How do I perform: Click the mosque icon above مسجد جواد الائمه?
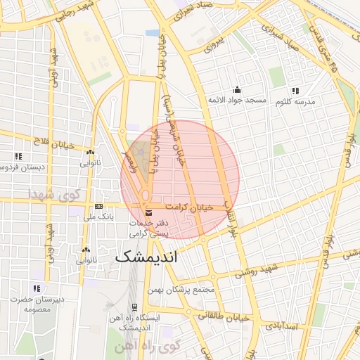click(237, 89)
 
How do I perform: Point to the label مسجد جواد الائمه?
click(237, 101)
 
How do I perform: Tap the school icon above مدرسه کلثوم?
click(295, 90)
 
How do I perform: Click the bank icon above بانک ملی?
click(98, 206)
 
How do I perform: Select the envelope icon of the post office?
click(147, 212)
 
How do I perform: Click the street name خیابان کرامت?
click(188, 207)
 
